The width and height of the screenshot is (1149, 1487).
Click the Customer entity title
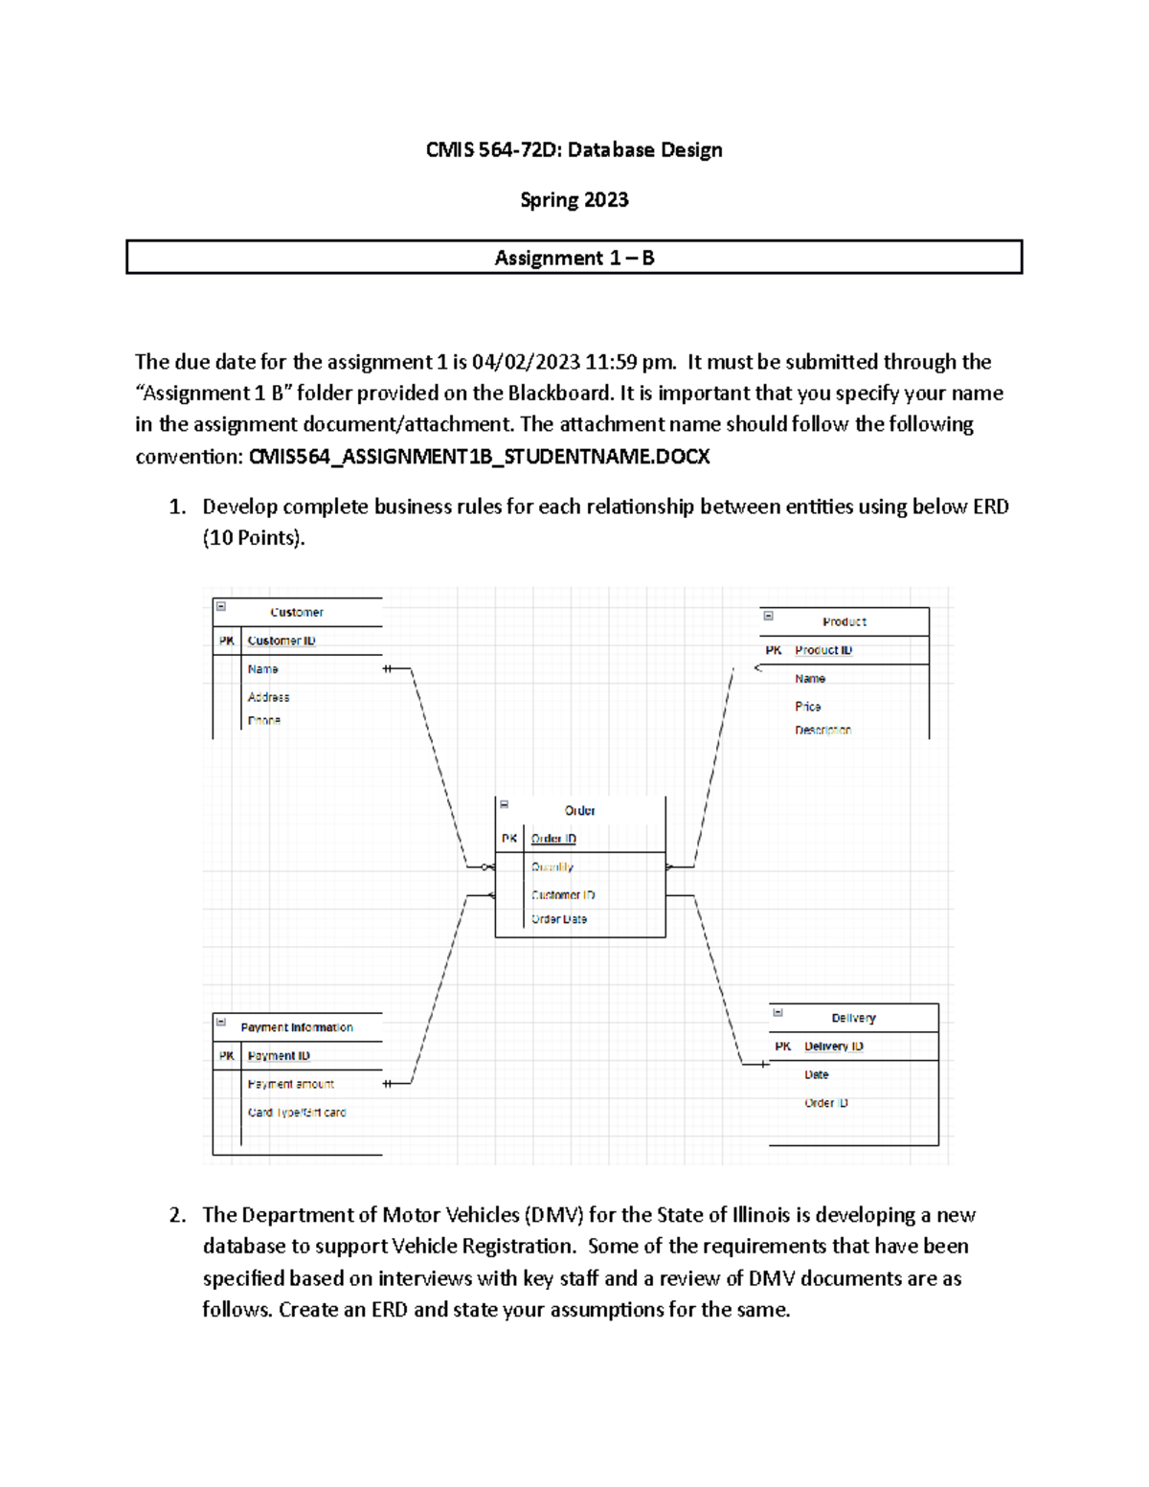[x=297, y=612]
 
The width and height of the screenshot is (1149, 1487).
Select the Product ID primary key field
[x=822, y=650]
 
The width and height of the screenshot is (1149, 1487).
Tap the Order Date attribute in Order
[x=559, y=919]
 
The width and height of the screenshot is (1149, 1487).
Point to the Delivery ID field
[x=833, y=1047]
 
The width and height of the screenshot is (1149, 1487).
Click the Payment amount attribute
[x=291, y=1084]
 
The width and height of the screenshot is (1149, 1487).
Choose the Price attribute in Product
[x=807, y=707]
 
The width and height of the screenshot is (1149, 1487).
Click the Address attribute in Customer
[x=268, y=697]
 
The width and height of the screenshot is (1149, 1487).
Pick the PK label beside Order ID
[x=509, y=839]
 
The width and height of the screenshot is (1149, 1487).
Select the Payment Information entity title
[x=297, y=1027]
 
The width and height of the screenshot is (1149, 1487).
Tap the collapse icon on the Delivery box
[x=777, y=1012]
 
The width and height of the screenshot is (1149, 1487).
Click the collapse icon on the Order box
[x=505, y=804]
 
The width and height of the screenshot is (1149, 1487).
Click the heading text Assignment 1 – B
[x=574, y=258]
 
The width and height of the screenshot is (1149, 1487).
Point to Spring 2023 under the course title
[x=574, y=199]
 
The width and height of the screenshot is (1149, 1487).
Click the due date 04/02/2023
[x=526, y=362]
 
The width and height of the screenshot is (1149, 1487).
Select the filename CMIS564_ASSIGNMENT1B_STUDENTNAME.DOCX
[x=479, y=456]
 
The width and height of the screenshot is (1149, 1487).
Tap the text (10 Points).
[x=254, y=538]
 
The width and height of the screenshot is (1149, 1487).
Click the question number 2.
[x=177, y=1215]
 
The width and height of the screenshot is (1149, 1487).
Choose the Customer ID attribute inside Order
[x=563, y=895]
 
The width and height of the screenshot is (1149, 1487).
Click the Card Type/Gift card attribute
[x=297, y=1113]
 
